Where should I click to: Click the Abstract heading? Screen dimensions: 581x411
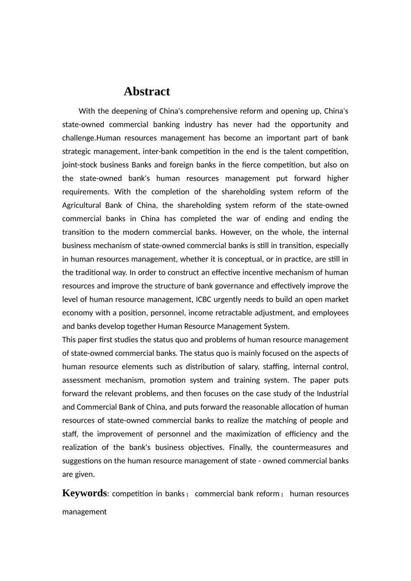147,92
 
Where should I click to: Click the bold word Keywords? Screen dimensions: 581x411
84,493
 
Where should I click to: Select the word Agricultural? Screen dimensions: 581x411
82,205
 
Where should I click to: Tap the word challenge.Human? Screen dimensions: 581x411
90,138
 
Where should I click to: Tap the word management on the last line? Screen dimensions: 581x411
84,511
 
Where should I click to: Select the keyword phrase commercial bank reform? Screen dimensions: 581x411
237,494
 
